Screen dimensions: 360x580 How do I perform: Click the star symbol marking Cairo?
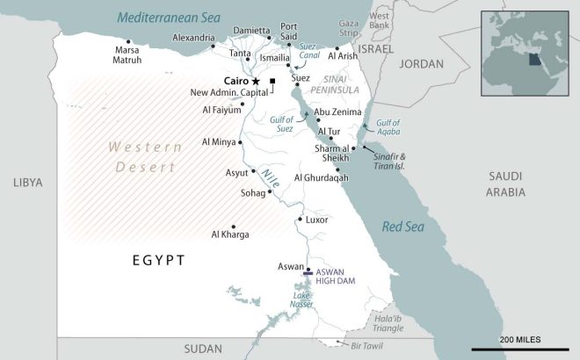pos(256,81)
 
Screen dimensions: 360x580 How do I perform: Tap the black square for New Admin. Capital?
pos(273,82)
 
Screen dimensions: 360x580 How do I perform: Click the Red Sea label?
pos(403,227)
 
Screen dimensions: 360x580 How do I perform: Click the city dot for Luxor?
pos(301,219)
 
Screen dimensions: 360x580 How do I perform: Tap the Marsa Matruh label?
pos(127,55)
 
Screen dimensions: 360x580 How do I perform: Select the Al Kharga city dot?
pos(233,225)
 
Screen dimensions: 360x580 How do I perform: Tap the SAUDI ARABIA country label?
pos(507,184)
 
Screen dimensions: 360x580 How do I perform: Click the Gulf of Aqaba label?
pos(388,126)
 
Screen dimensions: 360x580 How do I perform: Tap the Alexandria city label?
pos(193,38)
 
